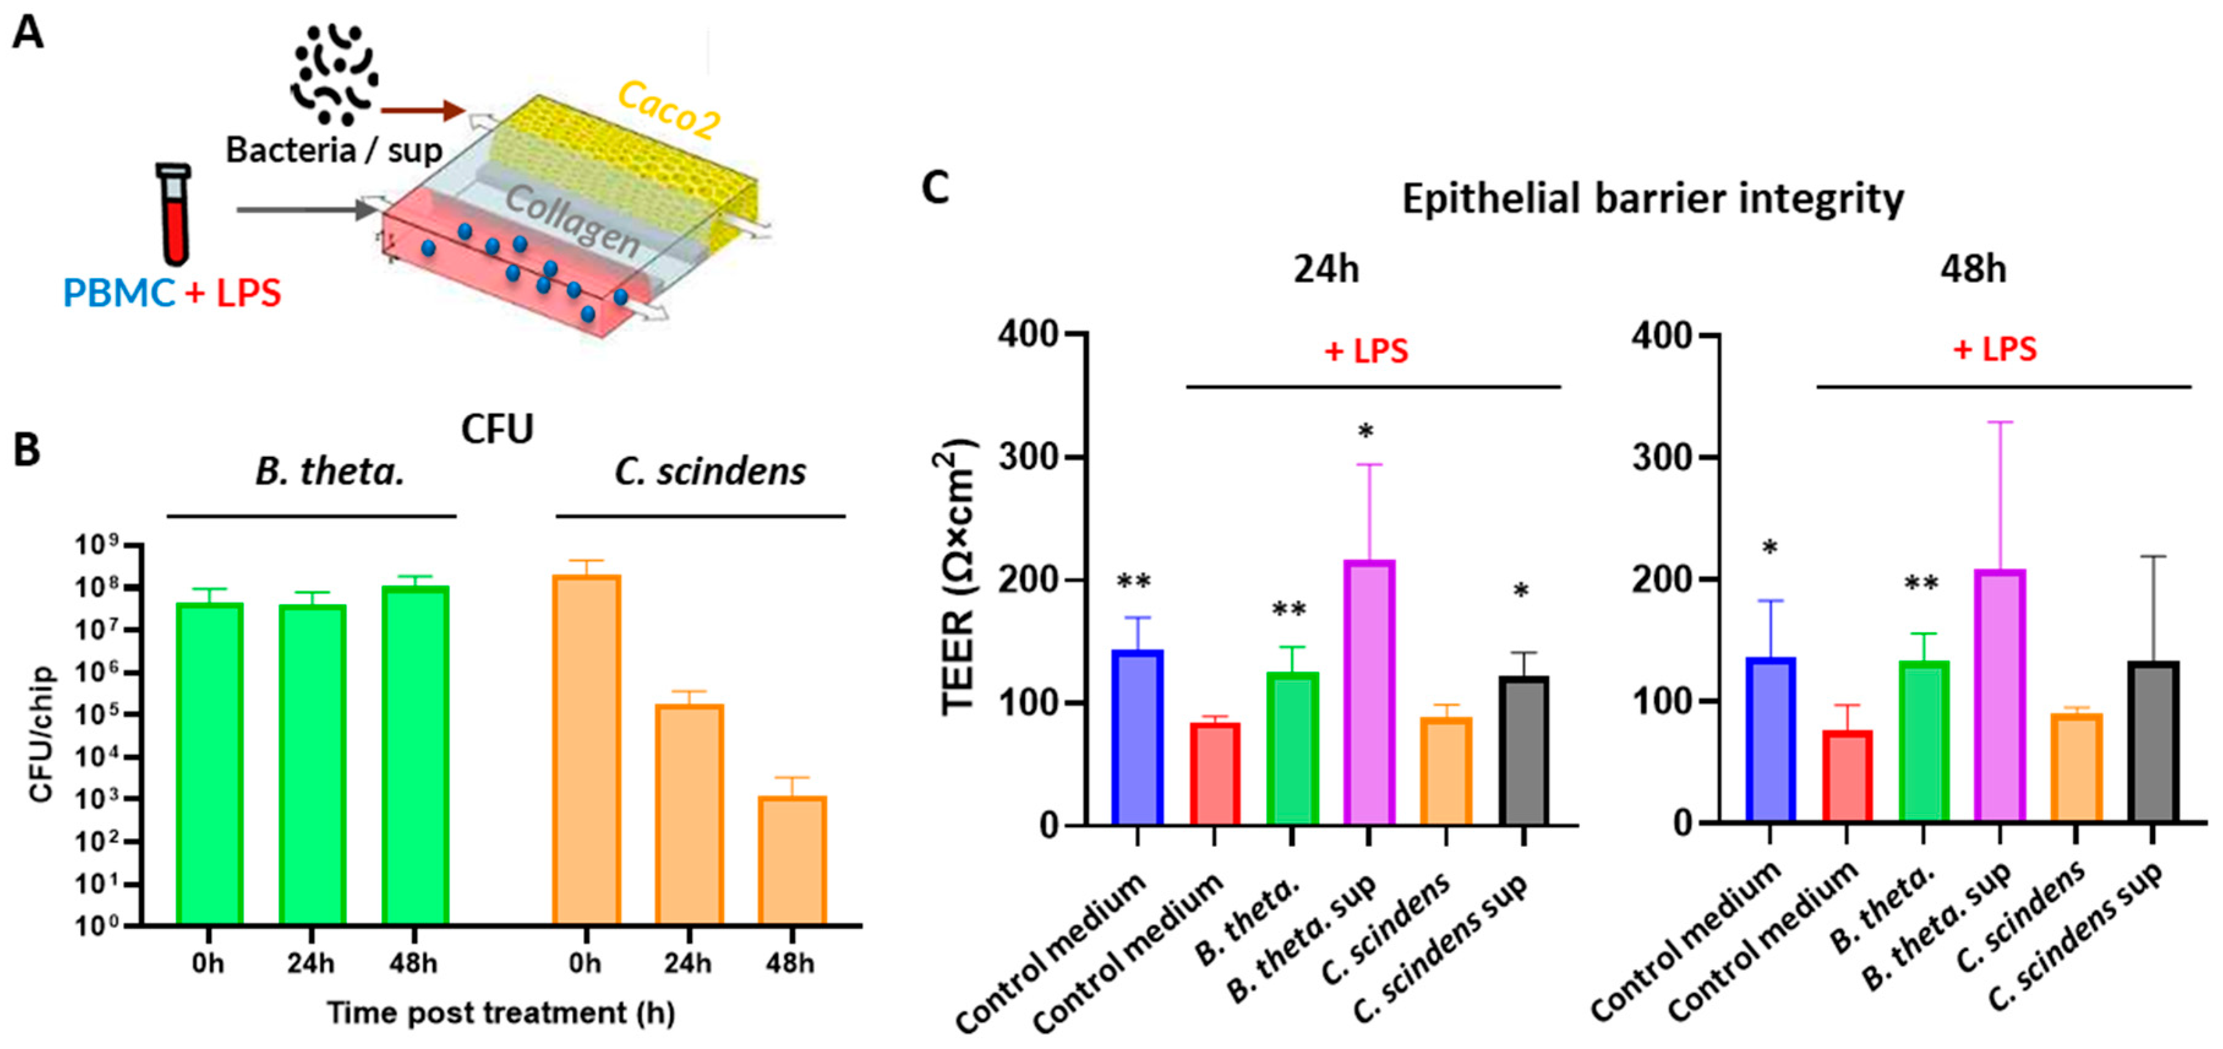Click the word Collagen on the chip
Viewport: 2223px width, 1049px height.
(572, 220)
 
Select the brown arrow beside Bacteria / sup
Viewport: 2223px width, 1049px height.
(423, 110)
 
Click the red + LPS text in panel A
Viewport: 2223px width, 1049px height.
(233, 293)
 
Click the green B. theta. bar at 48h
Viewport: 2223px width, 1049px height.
(415, 756)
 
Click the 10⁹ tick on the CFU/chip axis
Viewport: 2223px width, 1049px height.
(97, 546)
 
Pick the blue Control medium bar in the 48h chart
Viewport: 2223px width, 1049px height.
(1770, 740)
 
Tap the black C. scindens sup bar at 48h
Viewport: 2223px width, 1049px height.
(2153, 742)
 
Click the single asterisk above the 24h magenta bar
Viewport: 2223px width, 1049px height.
(1365, 431)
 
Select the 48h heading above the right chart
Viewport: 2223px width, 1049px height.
(1972, 270)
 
